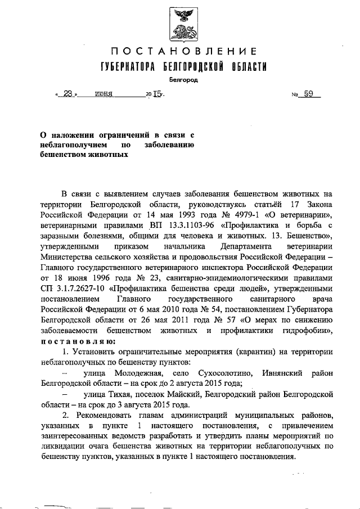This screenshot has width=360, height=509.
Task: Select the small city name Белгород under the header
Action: [x=180, y=80]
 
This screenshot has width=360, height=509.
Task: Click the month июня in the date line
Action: [x=105, y=95]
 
